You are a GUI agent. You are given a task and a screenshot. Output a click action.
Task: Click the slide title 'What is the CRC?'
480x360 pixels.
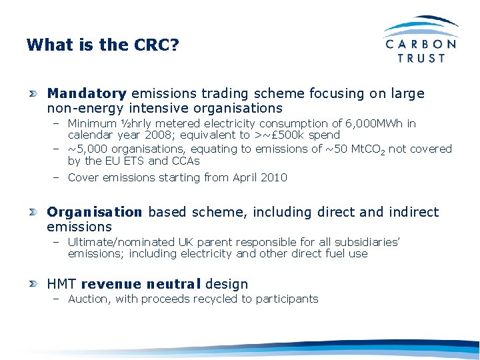(x=103, y=45)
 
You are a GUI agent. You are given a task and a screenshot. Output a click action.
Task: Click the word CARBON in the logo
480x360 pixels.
(x=421, y=44)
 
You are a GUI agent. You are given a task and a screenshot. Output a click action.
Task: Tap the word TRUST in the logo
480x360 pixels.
(x=421, y=58)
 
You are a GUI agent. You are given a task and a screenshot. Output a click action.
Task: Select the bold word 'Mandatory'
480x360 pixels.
(x=87, y=93)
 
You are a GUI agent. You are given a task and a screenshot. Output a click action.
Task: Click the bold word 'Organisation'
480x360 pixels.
(x=95, y=212)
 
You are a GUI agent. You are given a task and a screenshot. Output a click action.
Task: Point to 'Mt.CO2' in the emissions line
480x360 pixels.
(x=369, y=149)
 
